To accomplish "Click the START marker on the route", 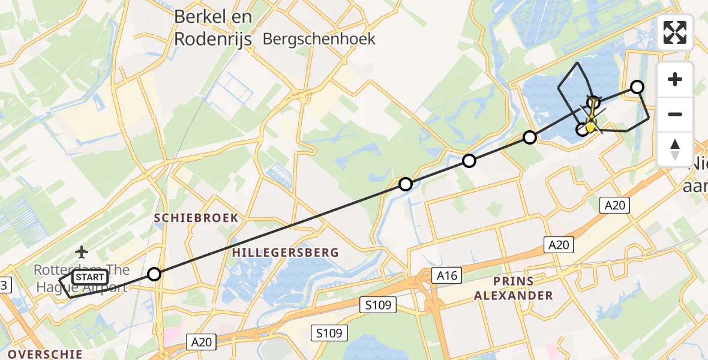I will pos(91,277).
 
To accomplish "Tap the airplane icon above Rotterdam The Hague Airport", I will pos(82,251).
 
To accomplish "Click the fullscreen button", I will pos(675,32).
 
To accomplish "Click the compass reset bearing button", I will pos(675,149).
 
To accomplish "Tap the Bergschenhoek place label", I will pos(319,39).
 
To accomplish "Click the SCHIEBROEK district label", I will pos(196,218).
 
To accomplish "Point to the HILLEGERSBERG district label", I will pos(286,253).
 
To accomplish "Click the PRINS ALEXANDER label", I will pos(513,288).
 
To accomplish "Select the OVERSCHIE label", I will pos(46,353).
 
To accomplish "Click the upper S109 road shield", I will pos(379,305).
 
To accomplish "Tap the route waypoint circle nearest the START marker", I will pos(154,274).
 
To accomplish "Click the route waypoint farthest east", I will pos(637,87).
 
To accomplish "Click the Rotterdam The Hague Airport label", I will pos(81,278).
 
